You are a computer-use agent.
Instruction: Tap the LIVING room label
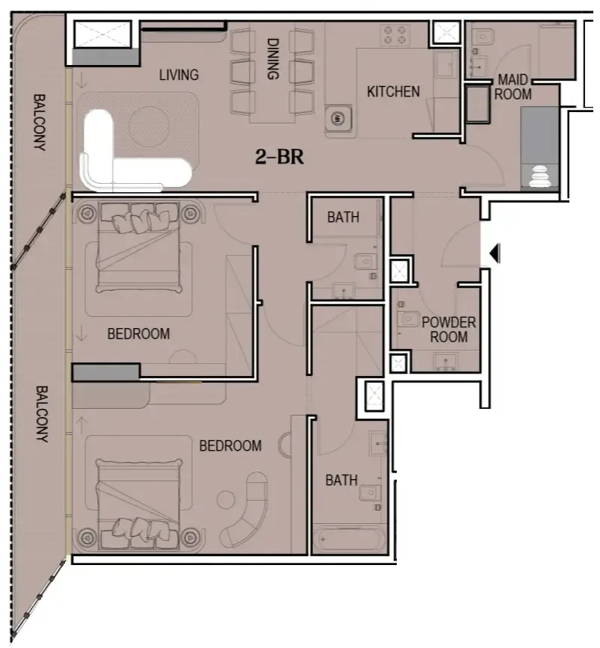tap(179, 75)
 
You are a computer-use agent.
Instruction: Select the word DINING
tap(273, 59)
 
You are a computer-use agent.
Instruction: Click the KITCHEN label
tap(393, 92)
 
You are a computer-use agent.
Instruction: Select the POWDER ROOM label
tap(448, 330)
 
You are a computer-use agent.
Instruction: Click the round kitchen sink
tap(338, 118)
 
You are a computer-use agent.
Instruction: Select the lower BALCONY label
tap(42, 414)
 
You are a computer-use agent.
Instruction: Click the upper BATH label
tap(343, 217)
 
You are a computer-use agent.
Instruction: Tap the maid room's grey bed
tap(539, 146)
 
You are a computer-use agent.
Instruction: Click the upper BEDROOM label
tap(138, 333)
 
